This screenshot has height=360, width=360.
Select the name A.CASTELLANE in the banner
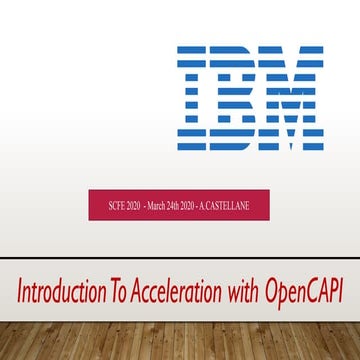tap(236, 206)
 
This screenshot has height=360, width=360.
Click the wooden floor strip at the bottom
tap(180, 340)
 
